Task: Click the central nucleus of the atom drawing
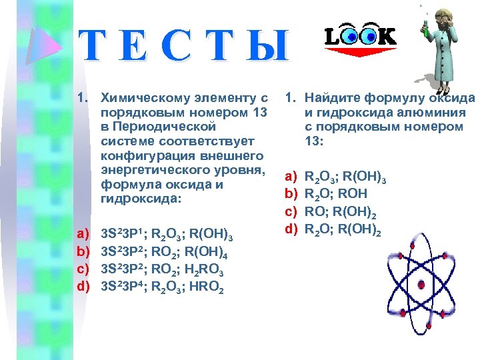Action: click(x=423, y=285)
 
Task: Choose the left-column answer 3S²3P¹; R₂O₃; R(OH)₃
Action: click(x=165, y=235)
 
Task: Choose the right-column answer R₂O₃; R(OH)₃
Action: click(x=345, y=178)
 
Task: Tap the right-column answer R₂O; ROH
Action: click(x=335, y=193)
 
